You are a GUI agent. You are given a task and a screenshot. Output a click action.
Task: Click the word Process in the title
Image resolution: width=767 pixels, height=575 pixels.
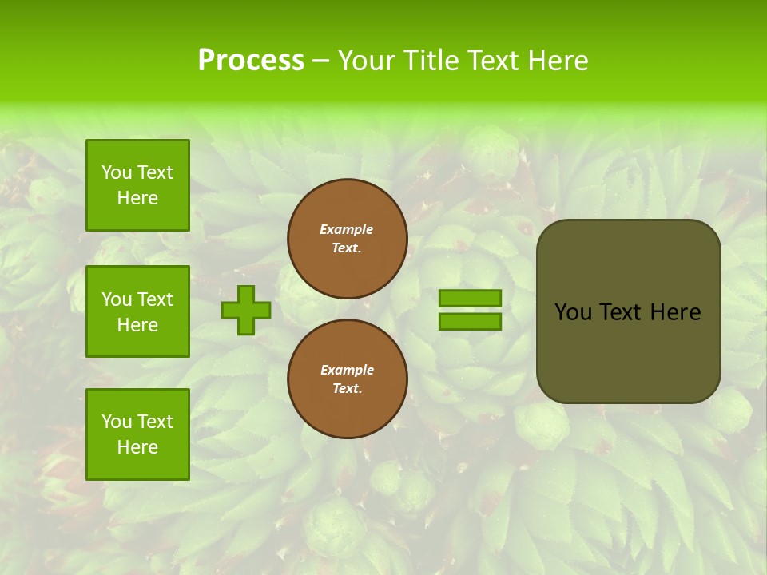251,61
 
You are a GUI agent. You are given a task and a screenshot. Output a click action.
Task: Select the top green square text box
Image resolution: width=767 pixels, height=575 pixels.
137,185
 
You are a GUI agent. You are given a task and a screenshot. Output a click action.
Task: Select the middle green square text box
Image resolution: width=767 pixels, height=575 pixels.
137,311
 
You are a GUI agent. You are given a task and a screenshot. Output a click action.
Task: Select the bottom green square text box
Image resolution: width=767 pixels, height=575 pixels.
137,434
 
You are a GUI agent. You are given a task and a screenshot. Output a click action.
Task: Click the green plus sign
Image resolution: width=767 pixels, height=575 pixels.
246,311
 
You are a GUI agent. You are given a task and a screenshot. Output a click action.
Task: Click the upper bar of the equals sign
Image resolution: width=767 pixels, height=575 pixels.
470,299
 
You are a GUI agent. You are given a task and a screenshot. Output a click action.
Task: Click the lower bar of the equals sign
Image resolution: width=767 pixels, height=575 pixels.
470,322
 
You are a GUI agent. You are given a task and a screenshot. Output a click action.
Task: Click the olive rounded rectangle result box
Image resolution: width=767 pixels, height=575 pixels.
628,351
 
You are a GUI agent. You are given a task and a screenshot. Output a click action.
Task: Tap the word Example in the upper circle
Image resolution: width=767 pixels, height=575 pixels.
346,229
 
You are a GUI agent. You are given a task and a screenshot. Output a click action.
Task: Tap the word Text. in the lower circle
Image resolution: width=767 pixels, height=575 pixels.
347,389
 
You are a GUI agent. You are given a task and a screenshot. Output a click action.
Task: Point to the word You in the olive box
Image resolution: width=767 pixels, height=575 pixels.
572,312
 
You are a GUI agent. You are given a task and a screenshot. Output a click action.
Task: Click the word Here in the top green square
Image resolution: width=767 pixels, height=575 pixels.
137,198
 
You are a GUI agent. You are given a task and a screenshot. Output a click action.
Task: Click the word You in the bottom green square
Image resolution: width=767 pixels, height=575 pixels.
117,422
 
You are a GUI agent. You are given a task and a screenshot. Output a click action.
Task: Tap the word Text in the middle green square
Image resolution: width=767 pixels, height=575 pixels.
155,299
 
